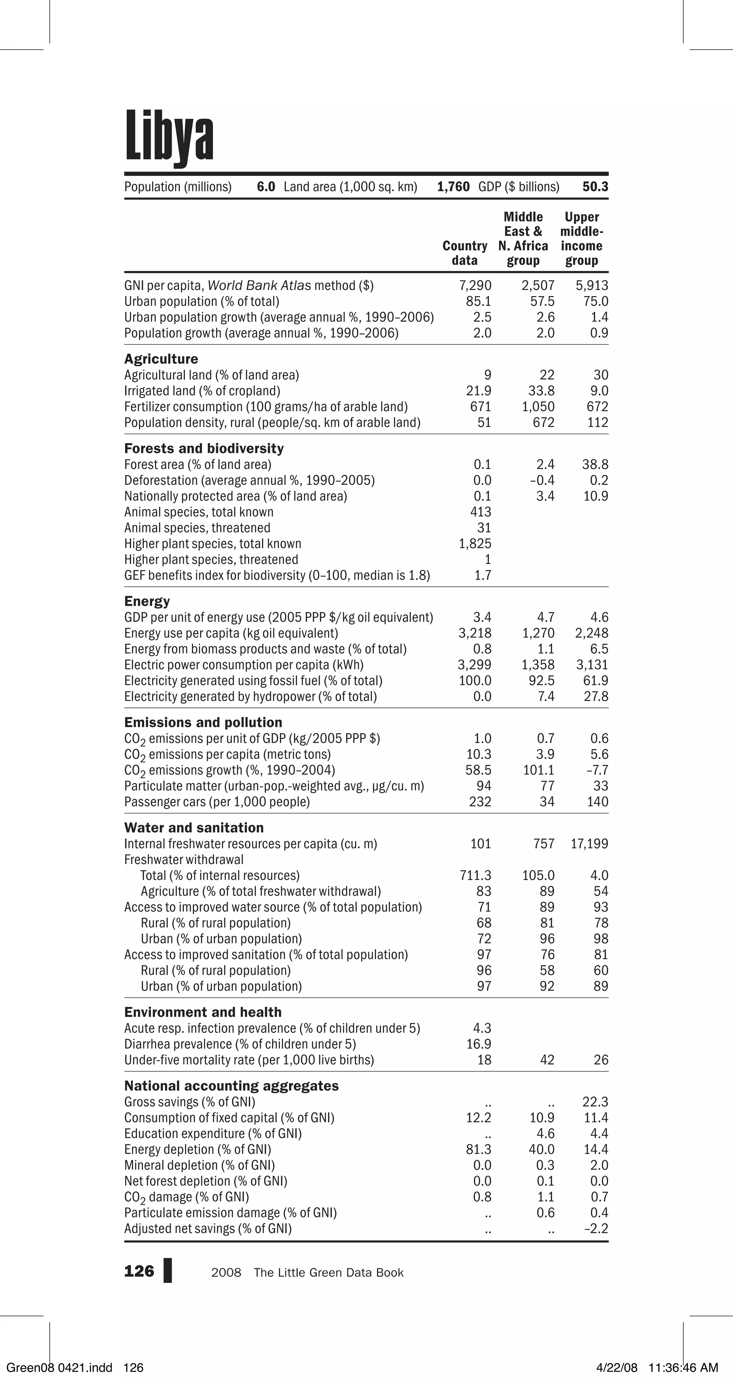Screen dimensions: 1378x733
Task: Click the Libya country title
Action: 169,136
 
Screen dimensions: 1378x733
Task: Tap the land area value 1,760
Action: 453,187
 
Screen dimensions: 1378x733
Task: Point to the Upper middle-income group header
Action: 582,239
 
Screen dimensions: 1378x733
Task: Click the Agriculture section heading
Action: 161,359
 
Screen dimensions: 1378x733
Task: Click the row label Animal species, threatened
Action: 197,528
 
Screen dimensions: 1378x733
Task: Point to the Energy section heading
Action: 147,601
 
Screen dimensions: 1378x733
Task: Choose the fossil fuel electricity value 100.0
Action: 475,681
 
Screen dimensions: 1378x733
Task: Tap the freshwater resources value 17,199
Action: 589,844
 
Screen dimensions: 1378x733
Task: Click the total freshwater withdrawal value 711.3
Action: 475,876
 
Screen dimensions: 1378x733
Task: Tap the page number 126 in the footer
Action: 139,1271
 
